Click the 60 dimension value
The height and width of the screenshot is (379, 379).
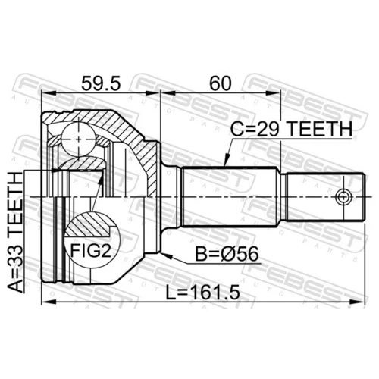tap(221, 83)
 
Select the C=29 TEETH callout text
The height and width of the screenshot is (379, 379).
tap(291, 129)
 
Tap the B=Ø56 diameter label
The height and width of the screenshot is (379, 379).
tap(227, 255)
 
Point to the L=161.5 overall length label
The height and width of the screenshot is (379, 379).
tap(202, 292)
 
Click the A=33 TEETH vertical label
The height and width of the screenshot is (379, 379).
tap(15, 232)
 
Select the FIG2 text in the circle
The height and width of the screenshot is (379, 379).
tap(90, 251)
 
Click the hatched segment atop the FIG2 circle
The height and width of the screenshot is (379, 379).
tap(89, 224)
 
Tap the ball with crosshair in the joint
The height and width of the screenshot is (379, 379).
tap(79, 139)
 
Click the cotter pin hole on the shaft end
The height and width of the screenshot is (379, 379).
tap(343, 196)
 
